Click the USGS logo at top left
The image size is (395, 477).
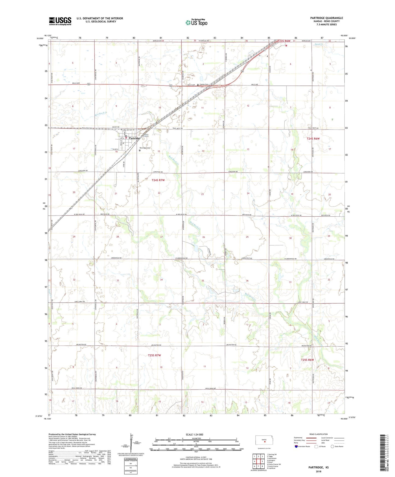(x=60, y=21)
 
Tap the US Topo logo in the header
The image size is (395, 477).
(x=196, y=22)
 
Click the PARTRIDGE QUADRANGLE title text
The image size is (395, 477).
(x=326, y=18)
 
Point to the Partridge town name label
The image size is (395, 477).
(x=135, y=138)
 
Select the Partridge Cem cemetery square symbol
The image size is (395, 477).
(x=140, y=150)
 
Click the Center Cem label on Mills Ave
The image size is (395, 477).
(x=204, y=84)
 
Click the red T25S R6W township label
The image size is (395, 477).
(x=307, y=360)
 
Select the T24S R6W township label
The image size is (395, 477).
(x=313, y=139)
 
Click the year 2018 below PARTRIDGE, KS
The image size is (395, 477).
(x=318, y=471)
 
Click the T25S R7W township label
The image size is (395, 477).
(x=154, y=355)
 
